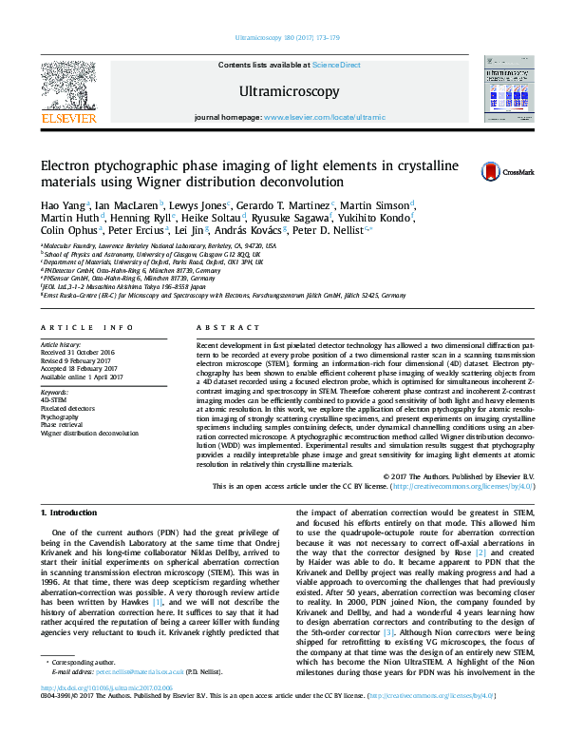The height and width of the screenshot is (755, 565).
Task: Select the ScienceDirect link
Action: pos(337,65)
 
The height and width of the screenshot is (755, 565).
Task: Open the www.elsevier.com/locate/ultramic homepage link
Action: pos(324,117)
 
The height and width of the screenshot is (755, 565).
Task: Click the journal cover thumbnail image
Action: pos(506,88)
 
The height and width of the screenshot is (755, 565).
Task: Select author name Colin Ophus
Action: pos(65,229)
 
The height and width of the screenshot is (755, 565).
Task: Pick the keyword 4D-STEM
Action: pos(54,401)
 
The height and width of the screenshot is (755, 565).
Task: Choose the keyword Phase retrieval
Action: pos(63,424)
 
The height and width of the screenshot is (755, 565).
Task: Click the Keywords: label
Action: pos(54,393)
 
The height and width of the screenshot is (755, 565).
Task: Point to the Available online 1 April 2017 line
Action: pos(82,377)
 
